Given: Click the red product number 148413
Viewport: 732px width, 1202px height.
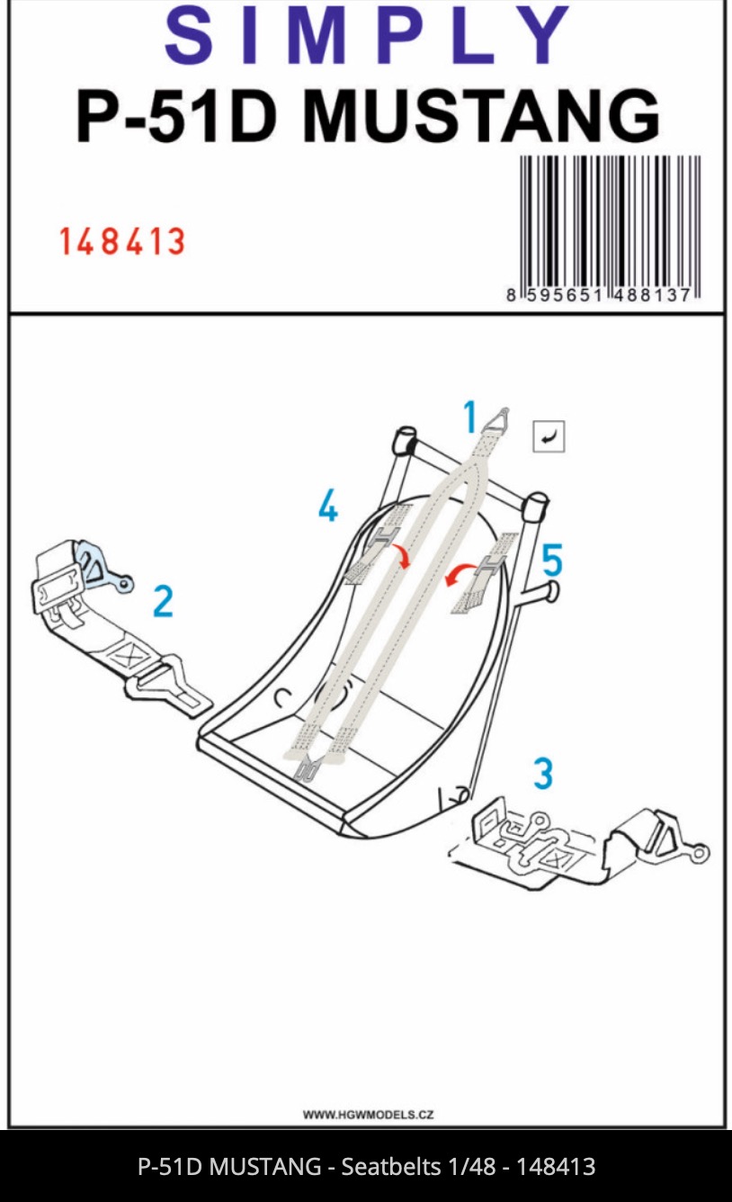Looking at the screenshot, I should pyautogui.click(x=122, y=242).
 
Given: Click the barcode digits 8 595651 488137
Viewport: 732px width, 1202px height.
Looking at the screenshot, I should pyautogui.click(x=599, y=295).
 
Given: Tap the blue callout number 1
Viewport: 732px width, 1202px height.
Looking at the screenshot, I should pyautogui.click(x=469, y=418).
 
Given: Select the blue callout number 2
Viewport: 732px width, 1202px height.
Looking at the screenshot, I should pyautogui.click(x=162, y=601).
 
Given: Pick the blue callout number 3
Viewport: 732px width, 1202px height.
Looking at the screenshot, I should pyautogui.click(x=543, y=774).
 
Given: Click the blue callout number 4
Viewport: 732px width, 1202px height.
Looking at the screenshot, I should pyautogui.click(x=328, y=508).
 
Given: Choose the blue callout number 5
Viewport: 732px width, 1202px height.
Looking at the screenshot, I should pyautogui.click(x=551, y=561).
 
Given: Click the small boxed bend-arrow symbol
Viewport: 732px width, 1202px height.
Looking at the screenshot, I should pyautogui.click(x=549, y=437).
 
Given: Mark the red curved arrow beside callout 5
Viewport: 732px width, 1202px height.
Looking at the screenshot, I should pyautogui.click(x=461, y=574).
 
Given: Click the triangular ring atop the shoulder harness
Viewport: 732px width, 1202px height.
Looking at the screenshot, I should pyautogui.click(x=497, y=419).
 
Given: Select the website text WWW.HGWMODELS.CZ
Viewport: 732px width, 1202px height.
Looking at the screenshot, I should pyautogui.click(x=368, y=1115).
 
